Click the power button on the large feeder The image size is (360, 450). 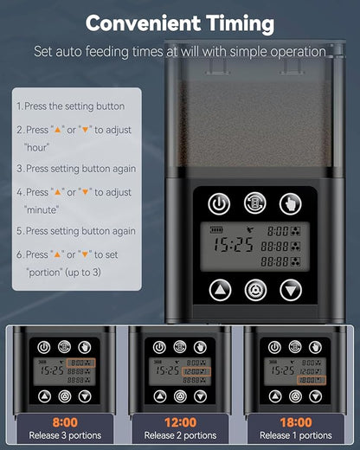coord(219,204)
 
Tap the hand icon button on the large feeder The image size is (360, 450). coord(291,204)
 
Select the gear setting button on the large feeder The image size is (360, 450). coord(255,290)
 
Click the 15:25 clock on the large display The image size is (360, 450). coord(233,245)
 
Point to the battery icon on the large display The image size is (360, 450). coord(216,230)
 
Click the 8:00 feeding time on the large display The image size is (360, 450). coord(278,231)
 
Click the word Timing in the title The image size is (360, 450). coord(241,23)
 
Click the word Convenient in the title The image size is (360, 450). coord(143,23)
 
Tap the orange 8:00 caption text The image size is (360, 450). coord(65,422)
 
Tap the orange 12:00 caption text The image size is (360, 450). coord(181,422)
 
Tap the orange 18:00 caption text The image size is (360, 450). coord(296,422)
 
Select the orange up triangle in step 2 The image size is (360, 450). coord(58,130)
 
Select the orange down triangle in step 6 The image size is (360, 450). coord(85,254)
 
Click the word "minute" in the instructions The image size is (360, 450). coord(42,209)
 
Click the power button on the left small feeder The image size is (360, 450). coord(44,347)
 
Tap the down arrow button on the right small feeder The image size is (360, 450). coord(316,396)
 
